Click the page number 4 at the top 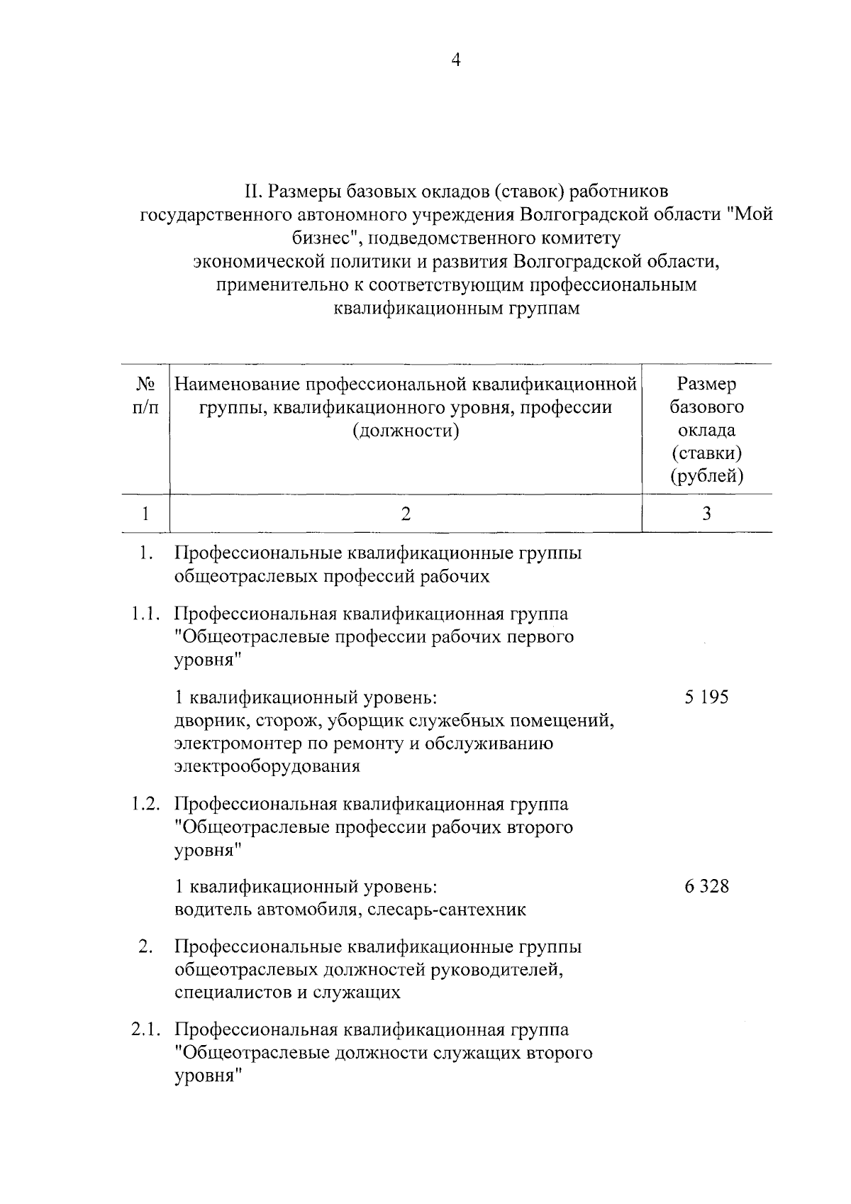[456, 61]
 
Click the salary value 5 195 [706, 697]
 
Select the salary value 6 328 [706, 887]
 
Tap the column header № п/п [145, 396]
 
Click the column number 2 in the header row [406, 514]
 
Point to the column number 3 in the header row [706, 514]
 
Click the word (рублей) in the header [707, 476]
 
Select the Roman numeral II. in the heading [254, 192]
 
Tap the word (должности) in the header [406, 431]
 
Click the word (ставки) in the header [707, 453]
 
